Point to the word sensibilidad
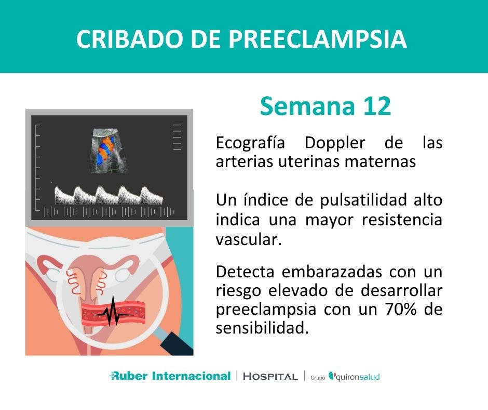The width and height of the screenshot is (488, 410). (258, 328)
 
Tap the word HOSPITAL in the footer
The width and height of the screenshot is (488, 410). (270, 376)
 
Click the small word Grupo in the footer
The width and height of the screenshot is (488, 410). (318, 377)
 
